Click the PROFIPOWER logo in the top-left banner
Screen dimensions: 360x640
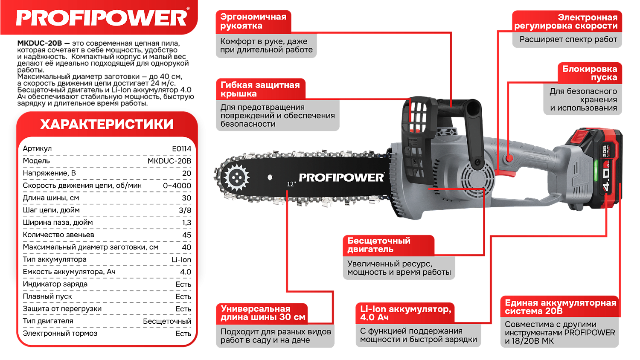(x=102, y=18)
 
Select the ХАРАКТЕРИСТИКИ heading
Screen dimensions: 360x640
(x=107, y=124)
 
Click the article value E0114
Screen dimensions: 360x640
(x=181, y=148)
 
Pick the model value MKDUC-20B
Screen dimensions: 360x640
(x=169, y=161)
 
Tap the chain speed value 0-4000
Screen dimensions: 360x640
(x=177, y=186)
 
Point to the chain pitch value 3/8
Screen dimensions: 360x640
(x=185, y=210)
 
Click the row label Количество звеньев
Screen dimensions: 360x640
(x=58, y=235)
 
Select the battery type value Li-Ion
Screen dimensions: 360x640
(x=181, y=259)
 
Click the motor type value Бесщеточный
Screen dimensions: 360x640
(x=167, y=321)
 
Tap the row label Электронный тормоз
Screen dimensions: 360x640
(x=60, y=333)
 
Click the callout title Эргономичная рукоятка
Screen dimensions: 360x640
(x=253, y=21)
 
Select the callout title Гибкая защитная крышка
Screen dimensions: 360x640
(x=260, y=89)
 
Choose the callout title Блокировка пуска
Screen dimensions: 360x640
(x=590, y=73)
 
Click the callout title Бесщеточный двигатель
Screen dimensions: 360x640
(x=379, y=245)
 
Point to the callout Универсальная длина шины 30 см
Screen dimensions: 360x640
(x=262, y=313)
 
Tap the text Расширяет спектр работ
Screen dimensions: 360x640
(x=568, y=39)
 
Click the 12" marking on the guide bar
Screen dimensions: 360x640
(x=291, y=184)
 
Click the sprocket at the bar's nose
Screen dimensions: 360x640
(x=236, y=177)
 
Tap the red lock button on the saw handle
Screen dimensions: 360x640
(x=509, y=159)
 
